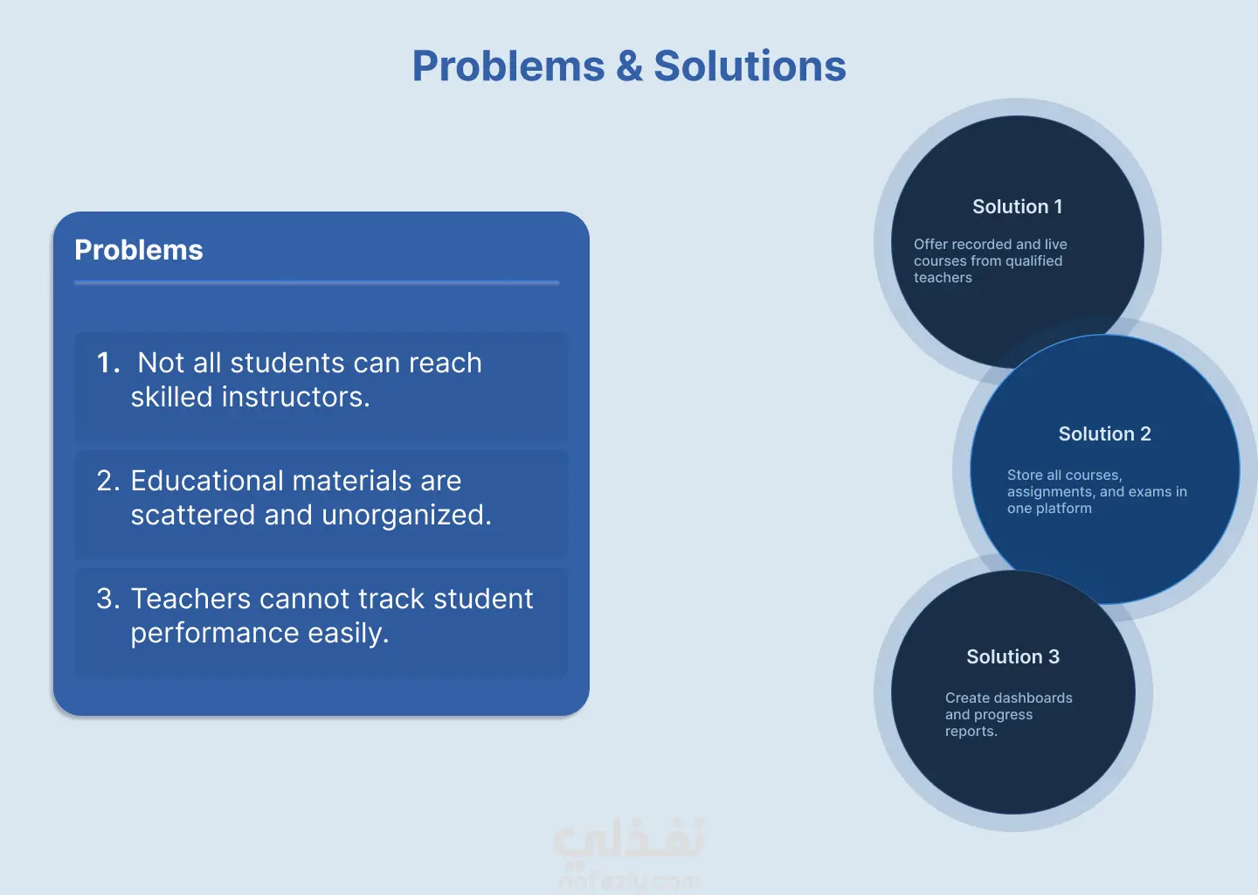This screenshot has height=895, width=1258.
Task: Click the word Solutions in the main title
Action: pyautogui.click(x=750, y=66)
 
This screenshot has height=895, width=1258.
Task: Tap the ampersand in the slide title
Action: pyautogui.click(x=629, y=66)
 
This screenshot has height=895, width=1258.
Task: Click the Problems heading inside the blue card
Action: pyautogui.click(x=139, y=250)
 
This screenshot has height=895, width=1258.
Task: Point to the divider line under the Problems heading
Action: pyautogui.click(x=317, y=282)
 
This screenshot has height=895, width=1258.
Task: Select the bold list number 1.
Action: pyautogui.click(x=108, y=363)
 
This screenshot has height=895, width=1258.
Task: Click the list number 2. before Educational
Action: pyautogui.click(x=108, y=481)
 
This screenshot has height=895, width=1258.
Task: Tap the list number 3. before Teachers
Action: pyautogui.click(x=108, y=599)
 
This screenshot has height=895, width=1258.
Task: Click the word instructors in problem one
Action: pyautogui.click(x=295, y=397)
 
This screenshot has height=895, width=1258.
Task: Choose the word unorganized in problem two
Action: pyautogui.click(x=406, y=516)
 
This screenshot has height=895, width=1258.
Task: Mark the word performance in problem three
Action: pyautogui.click(x=215, y=635)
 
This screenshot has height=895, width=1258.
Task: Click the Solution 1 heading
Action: pyautogui.click(x=1017, y=207)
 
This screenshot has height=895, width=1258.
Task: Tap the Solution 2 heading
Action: pyautogui.click(x=1104, y=434)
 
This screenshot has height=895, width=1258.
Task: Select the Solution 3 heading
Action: pyautogui.click(x=1013, y=656)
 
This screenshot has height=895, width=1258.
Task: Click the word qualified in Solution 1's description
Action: pyautogui.click(x=1034, y=261)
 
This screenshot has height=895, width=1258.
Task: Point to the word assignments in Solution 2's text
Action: pyautogui.click(x=1048, y=492)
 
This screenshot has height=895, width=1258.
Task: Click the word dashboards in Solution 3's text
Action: pyautogui.click(x=1039, y=697)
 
